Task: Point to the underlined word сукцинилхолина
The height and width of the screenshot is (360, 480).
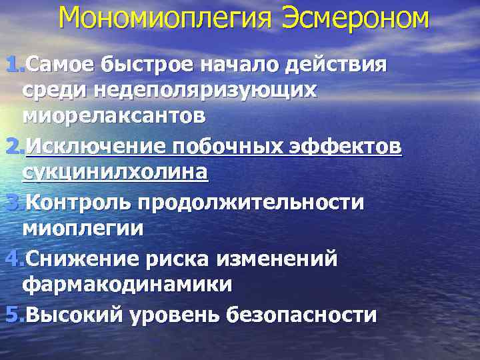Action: (115, 172)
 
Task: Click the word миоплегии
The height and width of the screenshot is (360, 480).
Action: (83, 228)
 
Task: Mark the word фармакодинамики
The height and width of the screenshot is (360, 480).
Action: (127, 285)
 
